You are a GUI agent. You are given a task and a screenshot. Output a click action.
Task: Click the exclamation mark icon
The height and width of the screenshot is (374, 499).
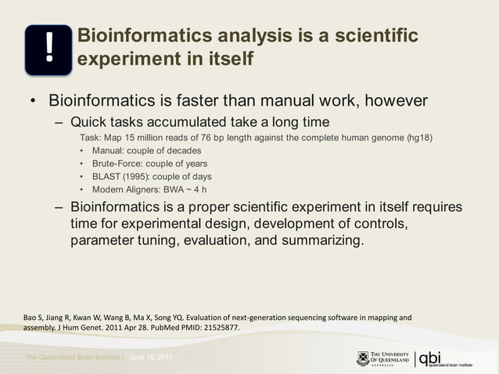[x=48, y=49]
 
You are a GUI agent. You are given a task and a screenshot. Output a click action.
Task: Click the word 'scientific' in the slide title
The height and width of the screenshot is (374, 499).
[x=368, y=36]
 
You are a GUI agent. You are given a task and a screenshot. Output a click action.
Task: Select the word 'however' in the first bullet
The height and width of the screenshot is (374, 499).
[x=390, y=102]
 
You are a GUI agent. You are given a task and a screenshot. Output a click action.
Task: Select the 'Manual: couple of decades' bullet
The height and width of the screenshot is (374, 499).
[x=146, y=150]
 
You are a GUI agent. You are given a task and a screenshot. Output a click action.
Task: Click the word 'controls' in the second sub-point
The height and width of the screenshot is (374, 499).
[x=375, y=224]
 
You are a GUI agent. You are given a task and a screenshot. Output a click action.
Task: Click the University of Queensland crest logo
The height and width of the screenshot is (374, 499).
[x=363, y=358]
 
